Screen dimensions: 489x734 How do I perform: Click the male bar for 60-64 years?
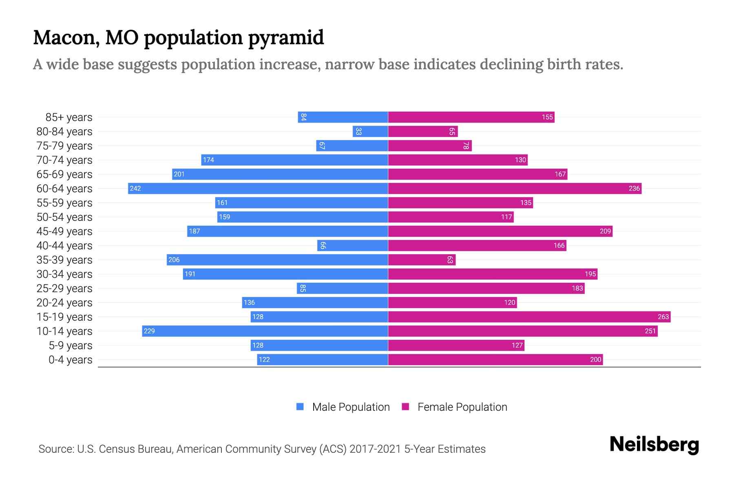click(258, 188)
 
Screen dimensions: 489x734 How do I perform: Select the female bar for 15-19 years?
click(529, 317)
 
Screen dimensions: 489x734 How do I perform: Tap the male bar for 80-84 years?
click(370, 131)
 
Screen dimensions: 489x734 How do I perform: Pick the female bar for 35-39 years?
click(422, 260)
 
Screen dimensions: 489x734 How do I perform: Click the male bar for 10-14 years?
click(265, 331)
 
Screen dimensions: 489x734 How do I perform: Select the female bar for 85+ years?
click(471, 117)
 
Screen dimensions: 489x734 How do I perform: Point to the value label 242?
click(135, 188)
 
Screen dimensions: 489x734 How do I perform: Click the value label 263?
click(663, 317)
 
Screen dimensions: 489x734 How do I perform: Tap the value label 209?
click(605, 231)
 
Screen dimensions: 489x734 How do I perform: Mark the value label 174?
click(208, 160)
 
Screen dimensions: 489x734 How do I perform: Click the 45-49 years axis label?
click(64, 231)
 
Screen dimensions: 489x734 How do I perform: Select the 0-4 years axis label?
click(70, 359)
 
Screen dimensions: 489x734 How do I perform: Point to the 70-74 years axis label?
click(64, 160)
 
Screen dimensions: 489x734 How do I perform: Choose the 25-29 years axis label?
click(64, 288)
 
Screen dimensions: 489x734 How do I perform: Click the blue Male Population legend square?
click(300, 407)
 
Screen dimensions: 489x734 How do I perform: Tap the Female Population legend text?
click(462, 407)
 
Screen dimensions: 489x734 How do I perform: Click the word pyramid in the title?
click(286, 38)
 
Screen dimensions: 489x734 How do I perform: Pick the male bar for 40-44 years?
click(352, 245)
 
